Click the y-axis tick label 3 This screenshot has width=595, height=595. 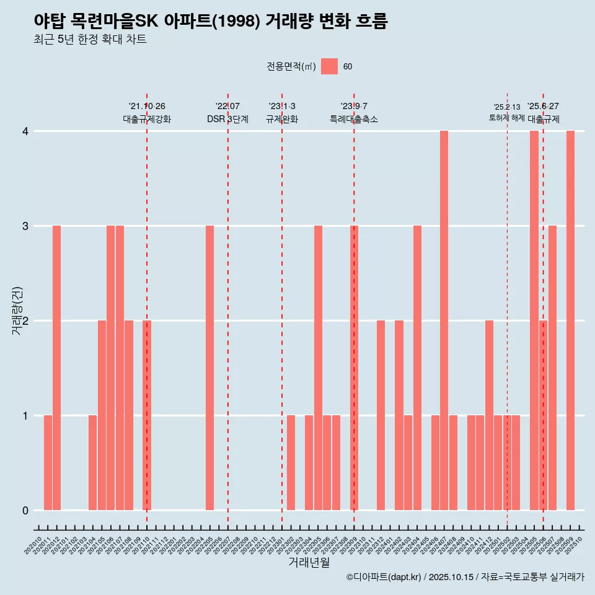pos(25,226)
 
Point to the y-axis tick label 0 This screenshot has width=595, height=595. pos(25,510)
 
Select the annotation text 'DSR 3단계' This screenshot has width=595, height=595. pos(227,119)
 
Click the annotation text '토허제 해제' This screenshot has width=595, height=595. pos(506,118)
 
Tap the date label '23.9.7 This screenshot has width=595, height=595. pos(354,106)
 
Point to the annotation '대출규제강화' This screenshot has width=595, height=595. pos(147,119)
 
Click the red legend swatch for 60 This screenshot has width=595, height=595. pos(329,66)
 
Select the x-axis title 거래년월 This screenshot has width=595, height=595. pos(309,562)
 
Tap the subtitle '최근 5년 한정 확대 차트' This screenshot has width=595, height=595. pos(90,40)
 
